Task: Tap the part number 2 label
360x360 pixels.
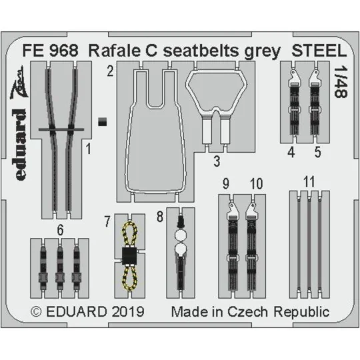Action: [109, 70]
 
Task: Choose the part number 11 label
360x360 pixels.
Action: [308, 182]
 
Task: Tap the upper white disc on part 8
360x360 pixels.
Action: [179, 235]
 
